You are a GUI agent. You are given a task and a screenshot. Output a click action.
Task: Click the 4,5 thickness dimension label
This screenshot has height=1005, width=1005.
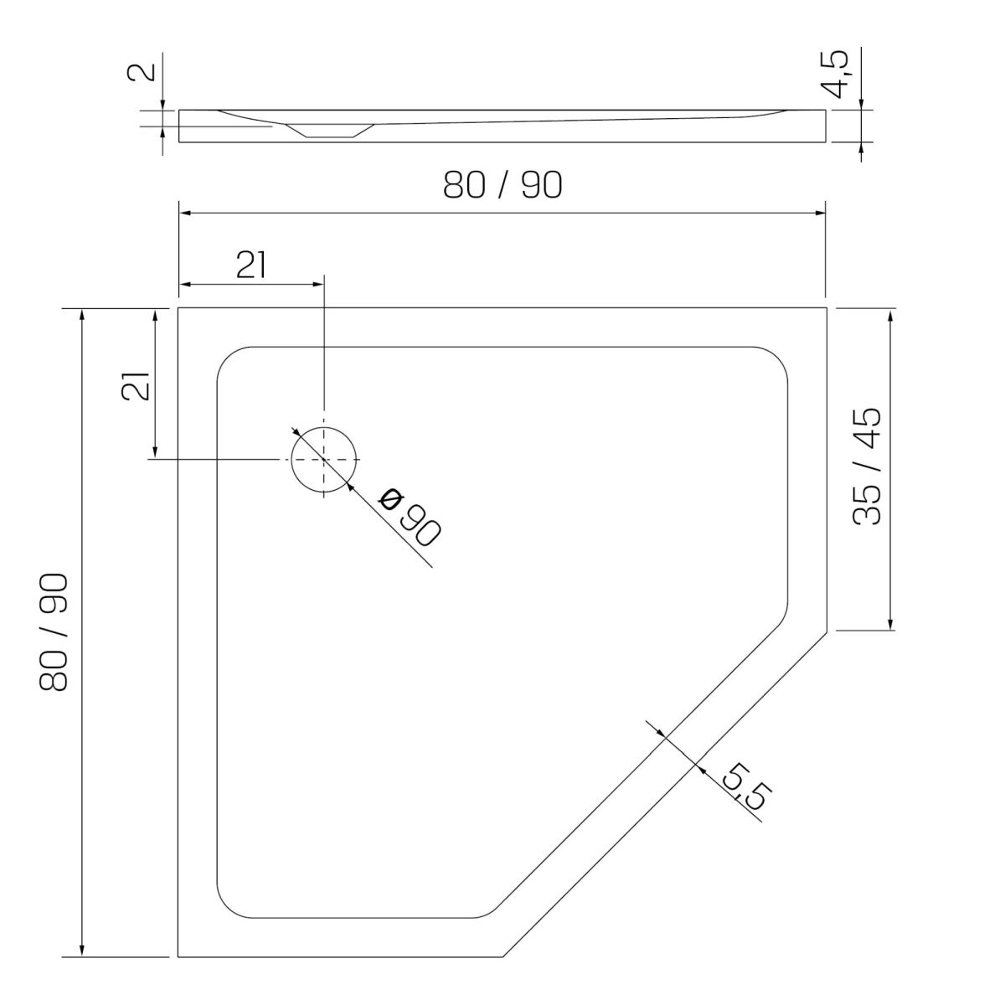pyautogui.click(x=837, y=74)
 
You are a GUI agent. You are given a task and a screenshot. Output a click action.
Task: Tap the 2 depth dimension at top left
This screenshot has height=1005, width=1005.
pyautogui.click(x=142, y=71)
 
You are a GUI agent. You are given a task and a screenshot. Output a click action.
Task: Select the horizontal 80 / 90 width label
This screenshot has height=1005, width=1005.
pyautogui.click(x=502, y=184)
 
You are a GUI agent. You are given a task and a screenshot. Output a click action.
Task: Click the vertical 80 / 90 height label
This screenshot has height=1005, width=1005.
pyautogui.click(x=54, y=632)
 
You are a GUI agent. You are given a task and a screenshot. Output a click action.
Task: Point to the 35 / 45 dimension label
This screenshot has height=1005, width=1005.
pyautogui.click(x=866, y=466)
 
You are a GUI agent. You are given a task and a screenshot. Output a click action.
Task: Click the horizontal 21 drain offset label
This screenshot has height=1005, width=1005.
pyautogui.click(x=251, y=265)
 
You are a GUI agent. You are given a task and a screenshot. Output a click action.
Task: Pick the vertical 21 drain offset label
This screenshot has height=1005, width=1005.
pyautogui.click(x=136, y=386)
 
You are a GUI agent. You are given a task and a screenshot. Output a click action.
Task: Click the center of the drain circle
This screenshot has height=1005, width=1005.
pyautogui.click(x=324, y=460)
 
